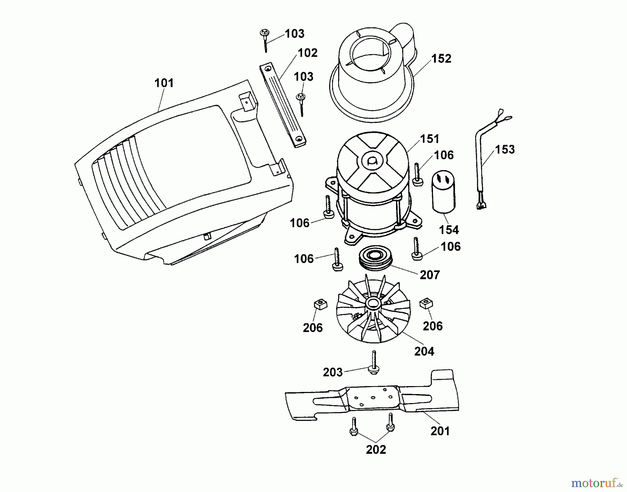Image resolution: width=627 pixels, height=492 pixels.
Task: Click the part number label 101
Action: tap(164, 83)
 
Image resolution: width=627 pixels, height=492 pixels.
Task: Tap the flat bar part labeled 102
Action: tap(283, 105)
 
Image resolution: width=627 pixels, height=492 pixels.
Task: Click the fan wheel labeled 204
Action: tap(373, 308)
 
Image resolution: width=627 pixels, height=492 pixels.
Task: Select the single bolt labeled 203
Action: tap(374, 363)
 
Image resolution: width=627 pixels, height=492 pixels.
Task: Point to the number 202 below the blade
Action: tap(376, 449)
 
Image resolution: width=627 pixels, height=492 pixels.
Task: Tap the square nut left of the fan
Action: tap(320, 305)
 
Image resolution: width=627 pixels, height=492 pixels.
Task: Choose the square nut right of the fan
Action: tap(426, 303)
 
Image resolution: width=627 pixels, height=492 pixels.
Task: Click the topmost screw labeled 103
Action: tap(265, 40)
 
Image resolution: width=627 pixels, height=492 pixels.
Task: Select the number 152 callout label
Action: tap(441, 59)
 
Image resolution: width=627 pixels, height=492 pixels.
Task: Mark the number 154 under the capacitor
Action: tap(449, 230)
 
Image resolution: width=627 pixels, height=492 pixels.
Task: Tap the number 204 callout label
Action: tap(424, 351)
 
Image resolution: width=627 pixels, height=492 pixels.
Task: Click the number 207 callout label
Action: tap(430, 275)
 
